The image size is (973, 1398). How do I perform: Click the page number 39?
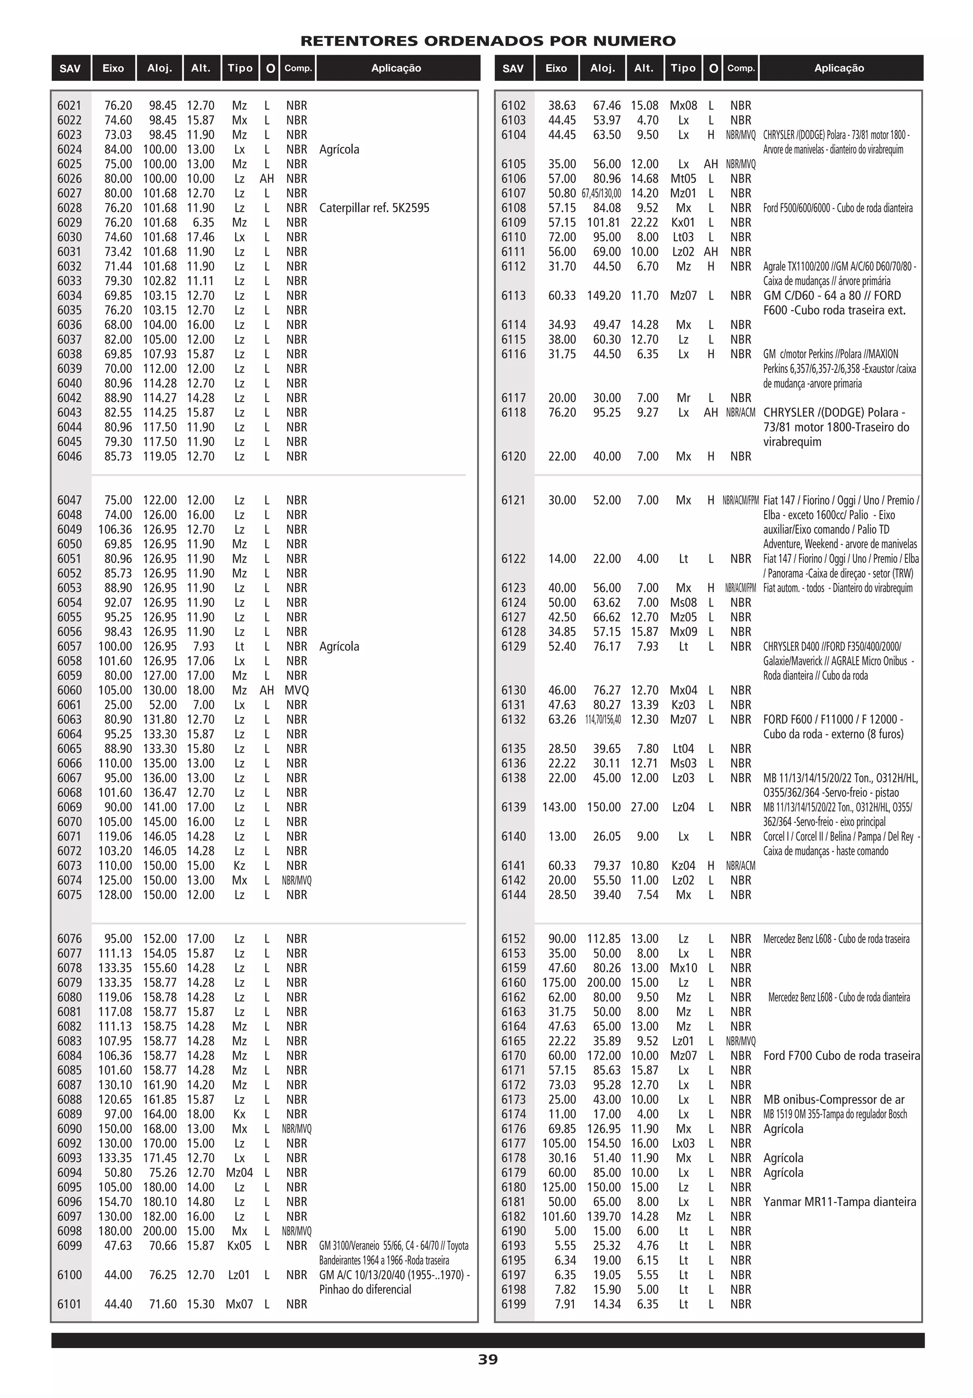[487, 1359]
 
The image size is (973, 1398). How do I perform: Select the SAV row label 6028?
[69, 208]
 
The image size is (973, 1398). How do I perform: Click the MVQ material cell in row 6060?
[296, 690]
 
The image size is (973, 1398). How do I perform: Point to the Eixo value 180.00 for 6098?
[115, 1231]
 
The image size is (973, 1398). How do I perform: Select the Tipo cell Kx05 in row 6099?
[239, 1245]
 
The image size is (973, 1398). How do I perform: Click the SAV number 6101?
[69, 1303]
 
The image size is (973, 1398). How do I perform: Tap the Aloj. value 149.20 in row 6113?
[604, 295]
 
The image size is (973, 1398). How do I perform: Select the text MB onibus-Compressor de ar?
[834, 1099]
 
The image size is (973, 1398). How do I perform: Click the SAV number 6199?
[513, 1303]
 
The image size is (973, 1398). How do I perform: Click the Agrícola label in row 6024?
[339, 149]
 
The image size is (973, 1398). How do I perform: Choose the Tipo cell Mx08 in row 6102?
[683, 106]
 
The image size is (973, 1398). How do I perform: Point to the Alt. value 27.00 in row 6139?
[644, 807]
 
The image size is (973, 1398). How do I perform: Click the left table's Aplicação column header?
[396, 68]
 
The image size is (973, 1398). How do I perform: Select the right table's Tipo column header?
[683, 68]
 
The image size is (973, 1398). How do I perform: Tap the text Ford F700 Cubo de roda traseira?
[841, 1055]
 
